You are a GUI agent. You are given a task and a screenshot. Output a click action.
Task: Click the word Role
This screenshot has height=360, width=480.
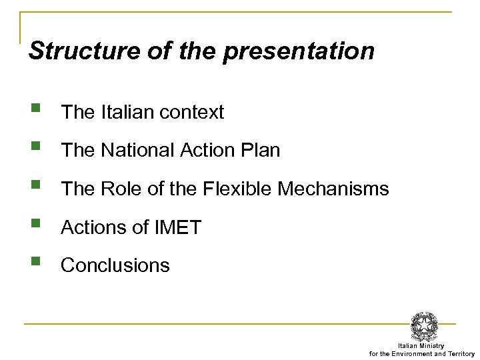[x=119, y=189]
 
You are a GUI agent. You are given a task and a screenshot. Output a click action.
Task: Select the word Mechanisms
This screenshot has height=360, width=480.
[x=333, y=189]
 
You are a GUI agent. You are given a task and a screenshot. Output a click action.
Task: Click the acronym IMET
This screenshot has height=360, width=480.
[x=177, y=227]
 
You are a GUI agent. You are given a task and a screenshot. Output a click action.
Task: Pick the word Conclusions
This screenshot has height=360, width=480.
[x=115, y=265]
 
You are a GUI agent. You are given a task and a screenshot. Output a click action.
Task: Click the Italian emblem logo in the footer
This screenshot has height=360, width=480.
[x=424, y=326]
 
